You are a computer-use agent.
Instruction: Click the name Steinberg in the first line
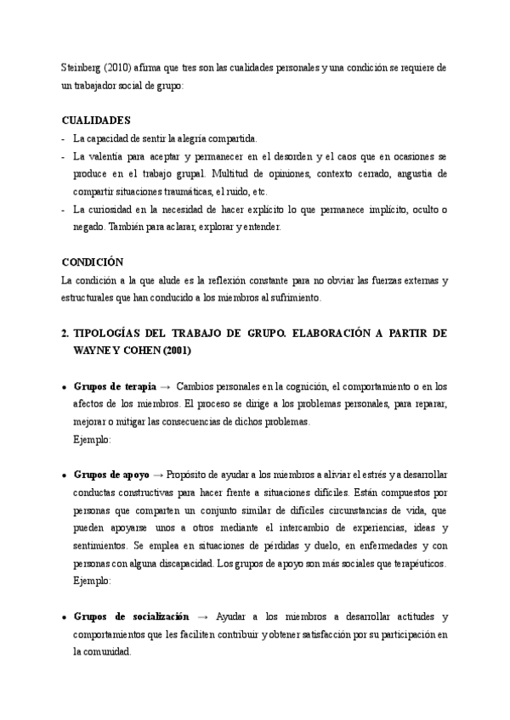click(83, 67)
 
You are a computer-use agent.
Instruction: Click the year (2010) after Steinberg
click(120, 67)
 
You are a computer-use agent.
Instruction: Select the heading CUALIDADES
click(97, 121)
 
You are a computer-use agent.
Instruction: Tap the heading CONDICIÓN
click(93, 262)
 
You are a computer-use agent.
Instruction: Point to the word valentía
click(118, 157)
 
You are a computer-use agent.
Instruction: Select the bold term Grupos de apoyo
click(111, 475)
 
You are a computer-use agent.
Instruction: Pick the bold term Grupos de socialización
click(132, 616)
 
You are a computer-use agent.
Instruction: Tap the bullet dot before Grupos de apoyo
click(64, 475)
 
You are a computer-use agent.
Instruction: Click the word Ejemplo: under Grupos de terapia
click(92, 440)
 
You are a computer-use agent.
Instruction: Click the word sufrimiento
click(314, 298)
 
